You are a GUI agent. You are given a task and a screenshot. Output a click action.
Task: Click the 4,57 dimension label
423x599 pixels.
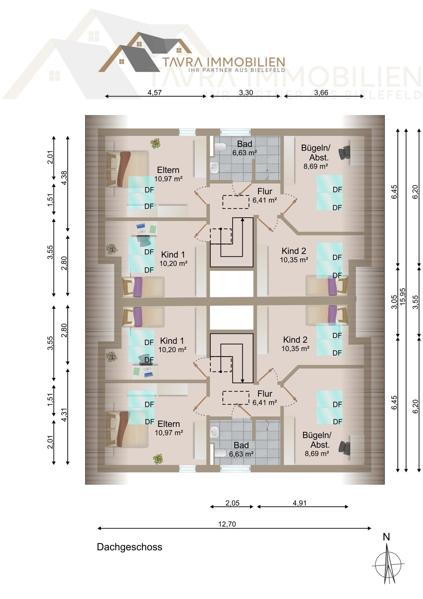[x=154, y=93]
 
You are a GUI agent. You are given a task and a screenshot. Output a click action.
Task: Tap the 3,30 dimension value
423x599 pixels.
[x=246, y=93]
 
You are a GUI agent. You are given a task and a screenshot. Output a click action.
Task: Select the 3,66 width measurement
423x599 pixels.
[x=321, y=93]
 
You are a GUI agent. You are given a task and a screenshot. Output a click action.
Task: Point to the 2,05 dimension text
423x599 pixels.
[x=233, y=503]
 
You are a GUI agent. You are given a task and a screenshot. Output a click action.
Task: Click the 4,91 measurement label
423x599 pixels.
[x=300, y=503]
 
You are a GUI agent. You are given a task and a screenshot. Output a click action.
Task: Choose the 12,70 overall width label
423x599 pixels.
[x=227, y=524]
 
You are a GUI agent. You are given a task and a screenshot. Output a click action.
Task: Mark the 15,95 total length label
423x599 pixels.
[x=403, y=296]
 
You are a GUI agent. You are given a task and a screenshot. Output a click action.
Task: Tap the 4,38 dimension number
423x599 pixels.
[x=64, y=178]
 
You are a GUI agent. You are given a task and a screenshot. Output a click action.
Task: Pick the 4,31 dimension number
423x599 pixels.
[x=64, y=415]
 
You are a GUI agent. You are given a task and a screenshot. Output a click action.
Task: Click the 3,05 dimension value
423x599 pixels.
[x=394, y=302]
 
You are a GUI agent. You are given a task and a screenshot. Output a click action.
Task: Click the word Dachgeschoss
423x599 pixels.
[x=129, y=547]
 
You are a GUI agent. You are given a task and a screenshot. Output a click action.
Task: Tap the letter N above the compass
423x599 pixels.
[x=386, y=537]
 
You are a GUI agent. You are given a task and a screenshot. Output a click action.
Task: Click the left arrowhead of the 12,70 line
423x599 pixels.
[x=99, y=528]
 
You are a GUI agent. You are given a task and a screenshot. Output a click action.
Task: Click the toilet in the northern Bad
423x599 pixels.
[x=221, y=147]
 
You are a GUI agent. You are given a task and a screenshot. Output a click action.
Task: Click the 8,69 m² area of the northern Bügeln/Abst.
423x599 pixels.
[x=315, y=166]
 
